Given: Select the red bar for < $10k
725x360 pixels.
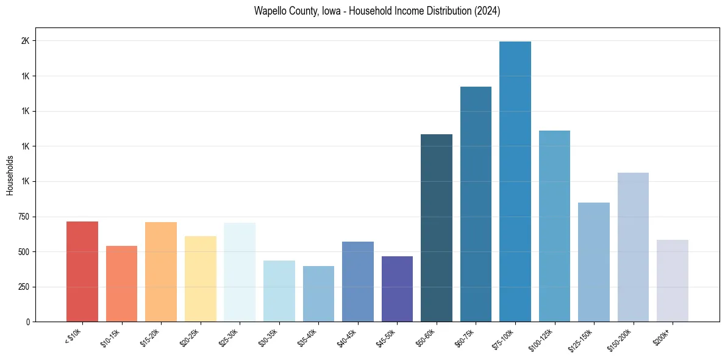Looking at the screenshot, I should click(x=82, y=272).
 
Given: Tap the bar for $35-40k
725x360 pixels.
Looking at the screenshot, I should click(x=318, y=293).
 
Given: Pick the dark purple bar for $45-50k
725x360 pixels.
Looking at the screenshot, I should click(x=397, y=289).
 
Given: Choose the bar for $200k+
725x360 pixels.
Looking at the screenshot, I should click(x=672, y=281).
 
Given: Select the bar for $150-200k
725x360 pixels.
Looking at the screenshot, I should click(x=633, y=247).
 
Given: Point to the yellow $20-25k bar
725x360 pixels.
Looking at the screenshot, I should click(x=200, y=279).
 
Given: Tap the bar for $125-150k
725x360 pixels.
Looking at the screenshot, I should click(x=593, y=262).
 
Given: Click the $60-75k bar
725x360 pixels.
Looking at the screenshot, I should click(x=476, y=204).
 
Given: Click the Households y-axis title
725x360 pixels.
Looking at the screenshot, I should click(x=10, y=175).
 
